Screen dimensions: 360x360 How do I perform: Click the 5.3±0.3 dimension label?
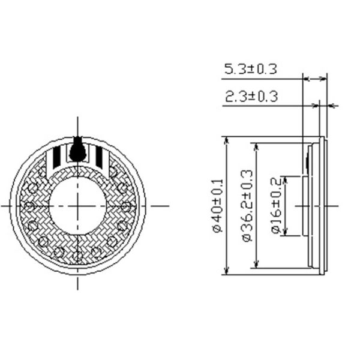tap(250, 70)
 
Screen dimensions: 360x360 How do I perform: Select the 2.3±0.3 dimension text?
tap(251, 96)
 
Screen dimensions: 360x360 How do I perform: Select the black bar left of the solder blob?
tap(56, 156)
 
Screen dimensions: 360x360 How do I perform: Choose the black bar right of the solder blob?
tap(99, 156)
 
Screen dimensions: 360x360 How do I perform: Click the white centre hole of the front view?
tap(77, 206)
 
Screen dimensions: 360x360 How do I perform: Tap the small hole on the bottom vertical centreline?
tap(77, 254)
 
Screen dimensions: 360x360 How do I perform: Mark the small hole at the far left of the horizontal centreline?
tap(28, 206)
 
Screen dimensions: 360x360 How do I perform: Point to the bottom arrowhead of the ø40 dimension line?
tap(227, 271)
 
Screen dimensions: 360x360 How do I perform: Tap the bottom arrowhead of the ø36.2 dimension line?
tap(256, 265)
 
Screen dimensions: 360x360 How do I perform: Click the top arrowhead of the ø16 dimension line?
tap(287, 180)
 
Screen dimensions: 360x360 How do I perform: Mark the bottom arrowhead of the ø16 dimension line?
tap(287, 232)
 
